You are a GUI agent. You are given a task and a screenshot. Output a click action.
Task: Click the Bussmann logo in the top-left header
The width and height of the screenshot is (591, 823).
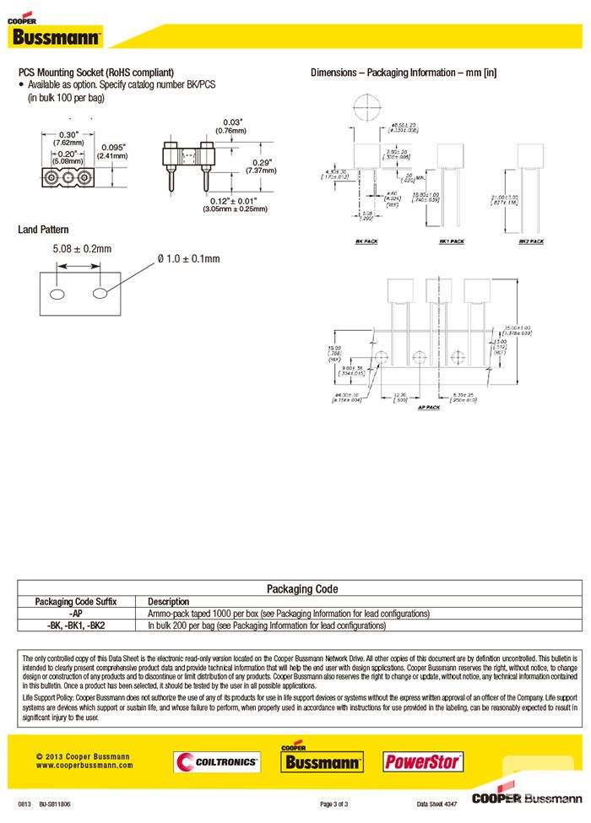56,35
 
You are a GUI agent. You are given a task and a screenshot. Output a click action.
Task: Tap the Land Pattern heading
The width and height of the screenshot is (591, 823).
43,230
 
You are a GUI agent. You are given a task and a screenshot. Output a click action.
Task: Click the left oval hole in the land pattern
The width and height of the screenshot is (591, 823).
58,293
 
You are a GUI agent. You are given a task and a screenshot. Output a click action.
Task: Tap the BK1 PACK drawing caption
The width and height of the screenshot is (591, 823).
451,241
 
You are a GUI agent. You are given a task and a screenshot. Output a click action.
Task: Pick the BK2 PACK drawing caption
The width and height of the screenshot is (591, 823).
531,241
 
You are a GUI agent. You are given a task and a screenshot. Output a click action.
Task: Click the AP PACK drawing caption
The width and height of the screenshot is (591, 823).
429,407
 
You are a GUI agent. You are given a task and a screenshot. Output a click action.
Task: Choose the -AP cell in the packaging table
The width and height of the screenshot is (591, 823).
76,614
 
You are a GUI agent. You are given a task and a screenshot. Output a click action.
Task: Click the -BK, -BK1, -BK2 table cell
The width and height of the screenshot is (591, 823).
76,625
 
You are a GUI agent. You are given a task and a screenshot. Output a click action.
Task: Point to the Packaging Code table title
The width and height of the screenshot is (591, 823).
301,588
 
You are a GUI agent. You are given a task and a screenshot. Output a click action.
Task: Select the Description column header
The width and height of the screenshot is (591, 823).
168,602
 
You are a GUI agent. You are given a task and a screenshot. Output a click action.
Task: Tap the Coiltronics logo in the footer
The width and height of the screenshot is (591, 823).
217,761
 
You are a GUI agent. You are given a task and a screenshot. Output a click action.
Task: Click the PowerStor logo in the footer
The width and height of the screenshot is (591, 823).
423,761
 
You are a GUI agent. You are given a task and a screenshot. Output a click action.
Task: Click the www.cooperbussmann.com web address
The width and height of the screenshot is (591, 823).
84,766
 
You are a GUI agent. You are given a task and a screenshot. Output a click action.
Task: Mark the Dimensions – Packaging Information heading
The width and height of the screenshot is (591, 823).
404,73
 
